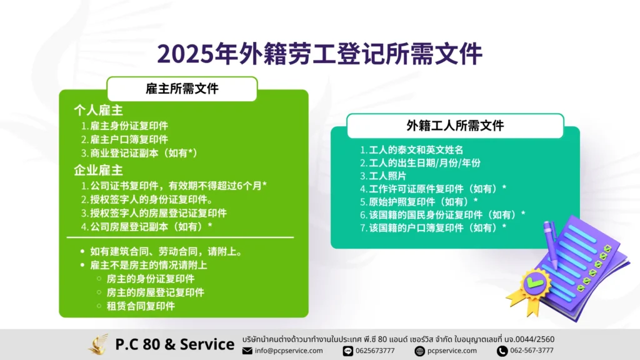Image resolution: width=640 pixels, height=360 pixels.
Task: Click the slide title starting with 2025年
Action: (x=319, y=54)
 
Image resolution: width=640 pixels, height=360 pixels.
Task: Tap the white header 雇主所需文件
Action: (x=182, y=89)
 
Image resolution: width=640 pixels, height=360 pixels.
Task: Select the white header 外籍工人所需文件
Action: (x=455, y=126)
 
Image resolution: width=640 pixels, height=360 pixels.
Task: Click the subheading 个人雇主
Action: (x=98, y=110)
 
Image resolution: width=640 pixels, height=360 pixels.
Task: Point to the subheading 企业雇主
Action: (x=98, y=170)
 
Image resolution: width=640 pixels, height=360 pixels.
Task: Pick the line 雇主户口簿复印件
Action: (x=124, y=139)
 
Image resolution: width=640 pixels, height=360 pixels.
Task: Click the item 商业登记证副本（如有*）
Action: (x=139, y=153)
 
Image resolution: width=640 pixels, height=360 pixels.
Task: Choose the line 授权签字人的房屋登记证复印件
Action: (x=154, y=213)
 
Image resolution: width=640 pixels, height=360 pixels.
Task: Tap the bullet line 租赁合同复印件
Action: (x=141, y=306)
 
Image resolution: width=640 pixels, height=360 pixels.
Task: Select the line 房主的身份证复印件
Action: (x=150, y=279)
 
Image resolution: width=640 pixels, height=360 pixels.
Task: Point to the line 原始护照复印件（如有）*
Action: (x=419, y=202)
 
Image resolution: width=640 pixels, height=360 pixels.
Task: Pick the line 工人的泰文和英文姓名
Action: (x=411, y=150)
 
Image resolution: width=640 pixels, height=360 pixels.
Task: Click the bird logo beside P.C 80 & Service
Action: (x=98, y=344)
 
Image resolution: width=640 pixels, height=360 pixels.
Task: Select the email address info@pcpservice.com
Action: (x=289, y=351)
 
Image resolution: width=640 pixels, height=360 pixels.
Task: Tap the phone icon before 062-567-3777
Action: (x=502, y=351)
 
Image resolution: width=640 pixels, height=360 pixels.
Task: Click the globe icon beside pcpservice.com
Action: (x=419, y=351)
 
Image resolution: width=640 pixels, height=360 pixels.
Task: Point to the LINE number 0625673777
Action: (x=375, y=351)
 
